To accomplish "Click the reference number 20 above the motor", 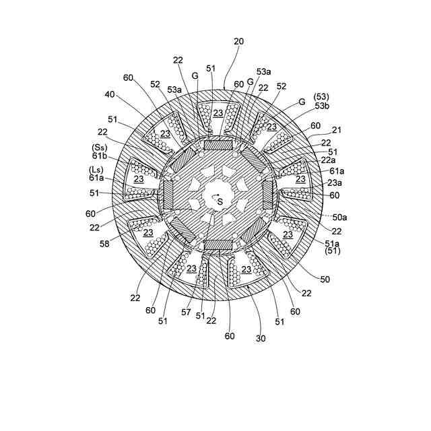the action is (238, 42).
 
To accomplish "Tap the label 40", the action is (110, 94).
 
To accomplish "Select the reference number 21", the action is (336, 130).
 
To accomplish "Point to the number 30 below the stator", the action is (261, 338).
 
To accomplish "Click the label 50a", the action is (339, 218).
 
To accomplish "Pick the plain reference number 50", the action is (325, 279).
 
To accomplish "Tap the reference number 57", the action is (186, 312).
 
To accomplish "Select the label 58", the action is (104, 244).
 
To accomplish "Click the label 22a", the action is (328, 160).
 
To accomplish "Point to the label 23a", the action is (335, 183).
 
